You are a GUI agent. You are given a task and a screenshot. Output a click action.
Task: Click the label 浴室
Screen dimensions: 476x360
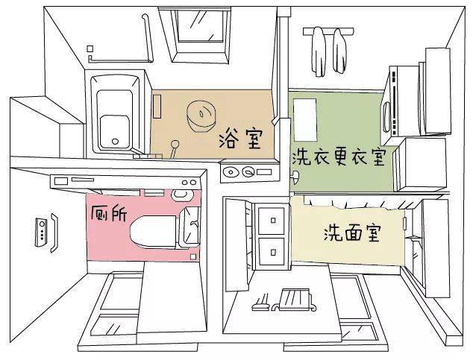pyautogui.click(x=240, y=139)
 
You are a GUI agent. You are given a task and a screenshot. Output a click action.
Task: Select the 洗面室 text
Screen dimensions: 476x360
pyautogui.click(x=352, y=233)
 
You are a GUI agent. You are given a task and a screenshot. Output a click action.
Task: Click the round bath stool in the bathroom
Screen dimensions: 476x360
pyautogui.click(x=201, y=116)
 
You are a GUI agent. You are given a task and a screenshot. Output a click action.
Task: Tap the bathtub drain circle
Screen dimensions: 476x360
pyautogui.click(x=115, y=142)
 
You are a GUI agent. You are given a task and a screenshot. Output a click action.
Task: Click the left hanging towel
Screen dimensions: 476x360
pyautogui.click(x=319, y=51)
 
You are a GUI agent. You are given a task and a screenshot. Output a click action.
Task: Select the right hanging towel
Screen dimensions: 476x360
pyautogui.click(x=339, y=51)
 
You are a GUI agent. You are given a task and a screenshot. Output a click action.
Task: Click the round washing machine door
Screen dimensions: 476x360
pyautogui.click(x=386, y=117)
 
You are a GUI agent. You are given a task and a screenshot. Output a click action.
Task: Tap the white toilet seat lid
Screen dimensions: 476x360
pyautogui.click(x=154, y=232)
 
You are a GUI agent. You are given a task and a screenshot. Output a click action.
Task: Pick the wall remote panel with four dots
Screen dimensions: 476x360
pyautogui.click(x=41, y=232)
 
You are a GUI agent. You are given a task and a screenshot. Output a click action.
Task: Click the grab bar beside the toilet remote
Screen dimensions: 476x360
pyautogui.click(x=54, y=233)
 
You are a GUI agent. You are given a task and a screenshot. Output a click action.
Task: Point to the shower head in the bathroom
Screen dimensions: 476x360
pyautogui.click(x=175, y=144)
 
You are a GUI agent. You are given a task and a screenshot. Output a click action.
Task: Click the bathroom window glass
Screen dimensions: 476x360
pyautogui.click(x=201, y=25)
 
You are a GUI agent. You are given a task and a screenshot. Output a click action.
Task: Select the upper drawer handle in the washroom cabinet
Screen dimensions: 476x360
pyautogui.click(x=273, y=221)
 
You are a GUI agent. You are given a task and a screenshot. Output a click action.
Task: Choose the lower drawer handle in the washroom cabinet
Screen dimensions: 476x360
pyautogui.click(x=273, y=252)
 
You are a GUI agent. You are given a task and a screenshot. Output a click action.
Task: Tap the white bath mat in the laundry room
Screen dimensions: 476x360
pyautogui.click(x=305, y=119)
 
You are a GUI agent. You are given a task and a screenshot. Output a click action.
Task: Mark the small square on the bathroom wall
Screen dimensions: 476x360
pyautogui.click(x=90, y=48)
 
